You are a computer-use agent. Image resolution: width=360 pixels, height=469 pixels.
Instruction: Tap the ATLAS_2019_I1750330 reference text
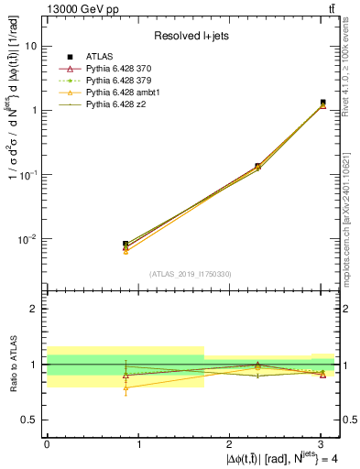tap(191, 274)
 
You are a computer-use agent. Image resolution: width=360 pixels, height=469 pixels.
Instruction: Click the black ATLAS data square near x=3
tap(322, 103)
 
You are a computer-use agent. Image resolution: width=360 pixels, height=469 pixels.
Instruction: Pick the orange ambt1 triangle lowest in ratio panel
tap(125, 387)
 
